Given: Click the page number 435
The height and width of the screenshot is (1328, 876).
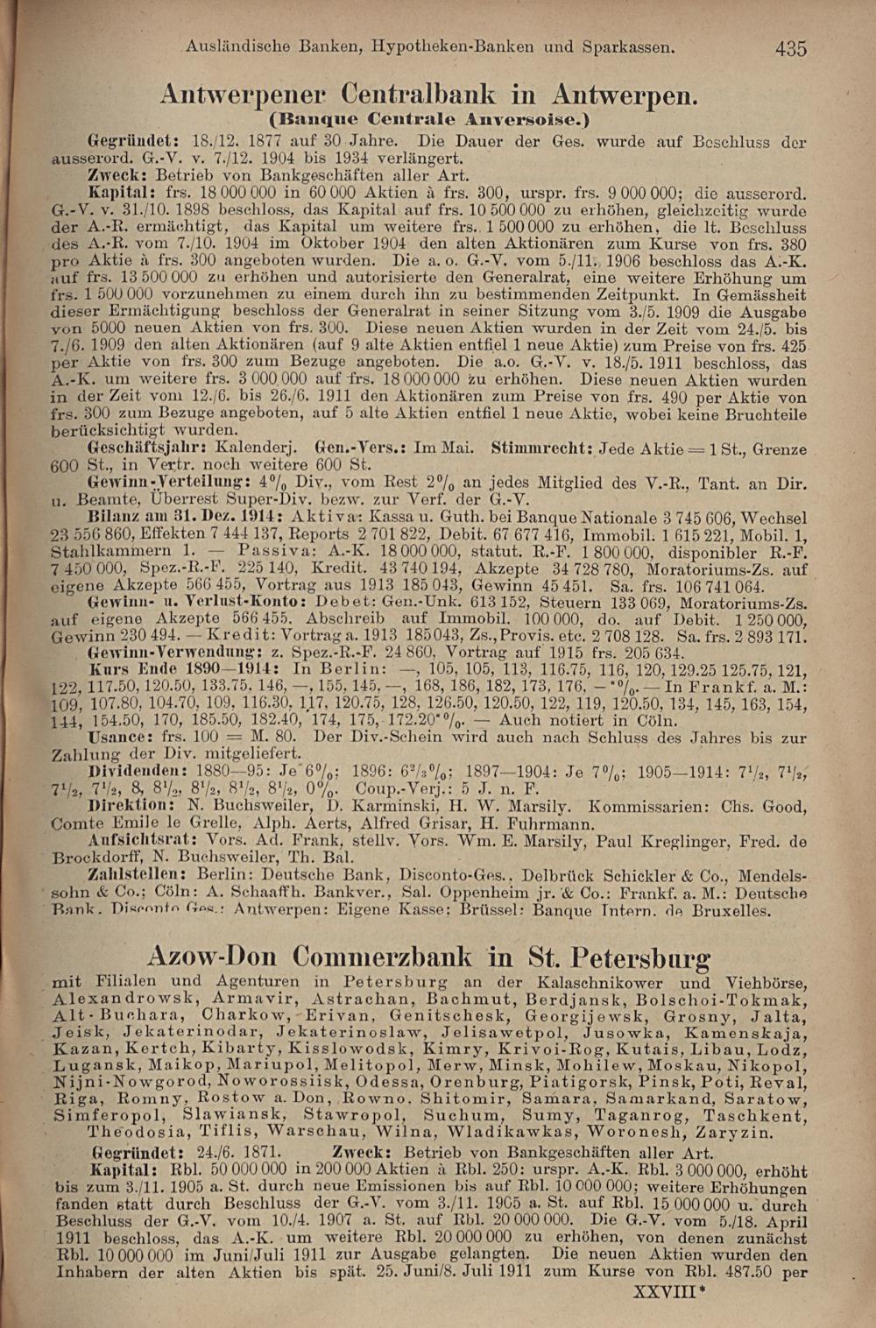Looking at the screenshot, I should [790, 49].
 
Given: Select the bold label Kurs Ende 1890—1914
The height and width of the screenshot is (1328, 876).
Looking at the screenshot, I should [167, 669].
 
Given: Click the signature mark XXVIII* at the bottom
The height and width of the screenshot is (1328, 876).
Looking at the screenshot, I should [668, 1290].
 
